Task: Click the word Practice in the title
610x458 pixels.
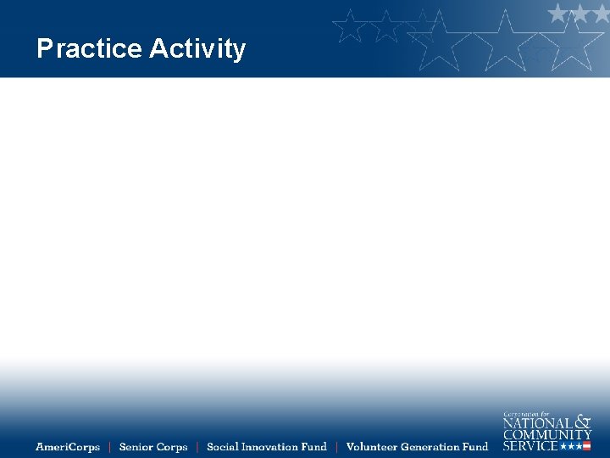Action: [89, 49]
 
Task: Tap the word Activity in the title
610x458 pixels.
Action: [197, 49]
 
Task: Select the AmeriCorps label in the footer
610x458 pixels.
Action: [68, 447]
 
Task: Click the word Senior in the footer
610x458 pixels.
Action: [136, 447]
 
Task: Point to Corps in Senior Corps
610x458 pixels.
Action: [172, 447]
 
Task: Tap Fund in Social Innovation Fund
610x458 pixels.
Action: [314, 447]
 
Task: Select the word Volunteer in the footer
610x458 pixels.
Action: [371, 447]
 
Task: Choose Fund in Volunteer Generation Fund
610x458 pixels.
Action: [475, 447]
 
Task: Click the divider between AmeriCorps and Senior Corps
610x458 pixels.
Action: [109, 447]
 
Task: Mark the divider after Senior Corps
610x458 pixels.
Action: [197, 447]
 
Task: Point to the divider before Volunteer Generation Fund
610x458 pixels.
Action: [336, 447]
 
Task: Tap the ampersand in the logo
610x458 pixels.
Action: [583, 422]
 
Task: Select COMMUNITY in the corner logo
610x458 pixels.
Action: [547, 434]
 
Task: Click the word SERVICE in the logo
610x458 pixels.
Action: [530, 445]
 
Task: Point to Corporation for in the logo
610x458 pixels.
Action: [527, 413]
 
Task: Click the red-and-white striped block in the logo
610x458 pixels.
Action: [586, 446]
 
